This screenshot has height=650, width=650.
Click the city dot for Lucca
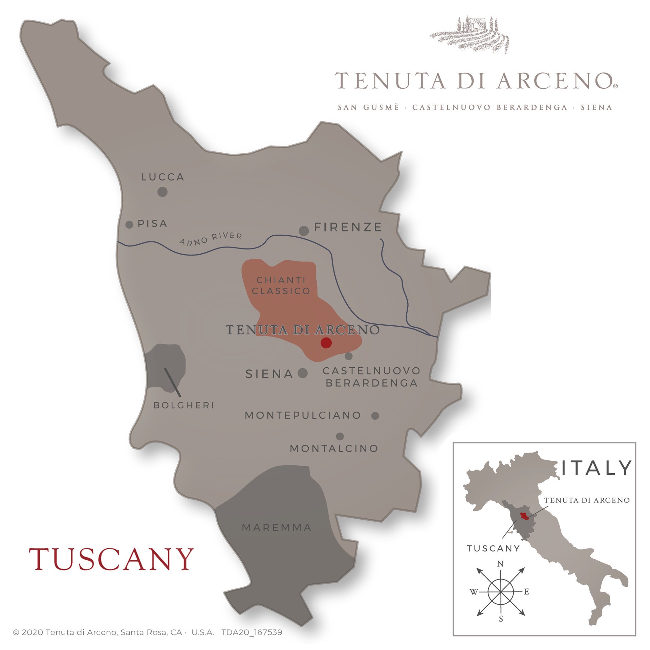click(162, 192)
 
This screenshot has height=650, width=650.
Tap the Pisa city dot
click(129, 224)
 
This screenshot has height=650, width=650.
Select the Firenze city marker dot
click(304, 231)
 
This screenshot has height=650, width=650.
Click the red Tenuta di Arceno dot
click(326, 343)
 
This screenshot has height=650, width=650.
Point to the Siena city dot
click(303, 373)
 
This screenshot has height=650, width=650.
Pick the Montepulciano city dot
click(375, 416)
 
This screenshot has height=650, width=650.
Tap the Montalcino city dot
click(340, 436)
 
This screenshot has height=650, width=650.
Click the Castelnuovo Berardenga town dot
click(349, 356)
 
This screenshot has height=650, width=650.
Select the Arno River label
click(211, 239)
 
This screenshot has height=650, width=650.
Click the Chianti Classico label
click(281, 285)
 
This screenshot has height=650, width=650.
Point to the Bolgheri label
click(184, 405)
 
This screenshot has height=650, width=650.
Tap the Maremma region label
click(277, 527)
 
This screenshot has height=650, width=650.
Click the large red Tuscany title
click(111, 559)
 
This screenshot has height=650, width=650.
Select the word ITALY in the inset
click(596, 468)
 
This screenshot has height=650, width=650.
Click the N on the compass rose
click(500, 564)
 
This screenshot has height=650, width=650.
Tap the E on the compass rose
click(526, 592)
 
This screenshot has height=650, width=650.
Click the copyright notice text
click(147, 632)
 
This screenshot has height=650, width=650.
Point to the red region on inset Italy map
click(524, 516)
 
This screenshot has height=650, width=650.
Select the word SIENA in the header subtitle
click(597, 108)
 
